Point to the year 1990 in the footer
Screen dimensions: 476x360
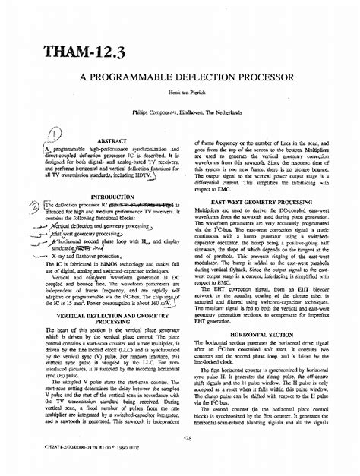click(x=105, y=459)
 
